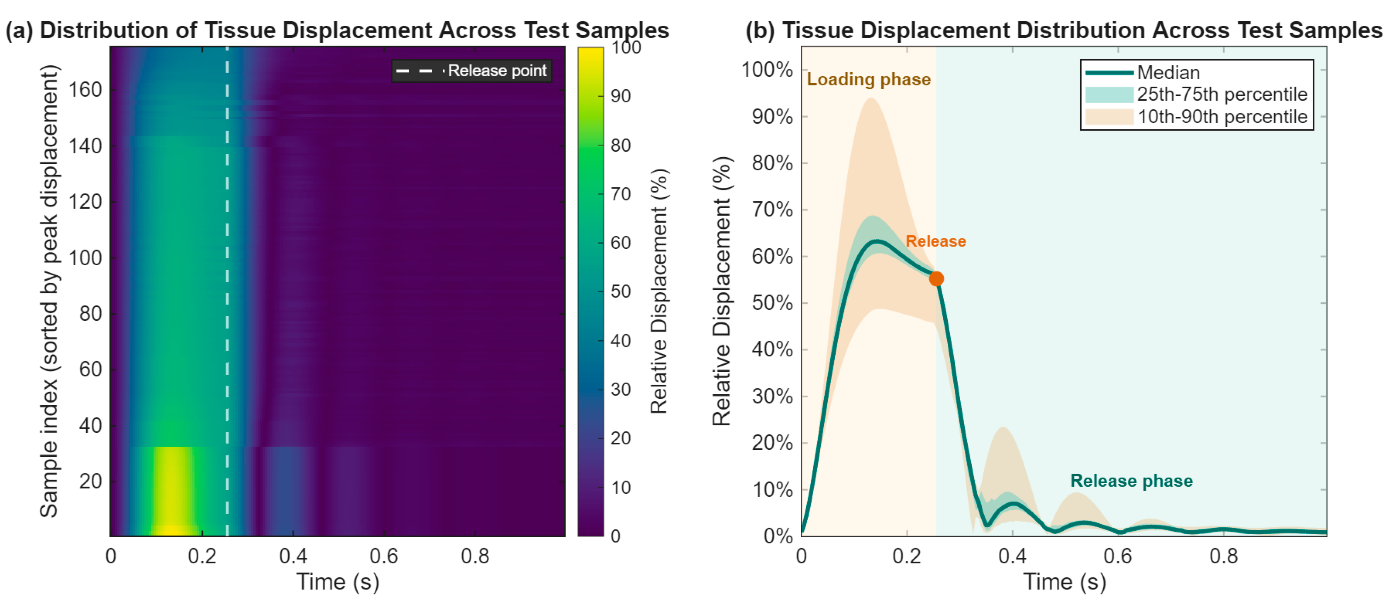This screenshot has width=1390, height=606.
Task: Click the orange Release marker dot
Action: point(936,278)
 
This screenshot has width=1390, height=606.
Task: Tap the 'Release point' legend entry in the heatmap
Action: point(471,70)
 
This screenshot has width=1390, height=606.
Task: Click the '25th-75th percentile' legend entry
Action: point(1196,95)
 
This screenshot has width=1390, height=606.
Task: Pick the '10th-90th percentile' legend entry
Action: point(1196,116)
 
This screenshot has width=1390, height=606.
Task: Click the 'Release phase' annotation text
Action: point(1132,480)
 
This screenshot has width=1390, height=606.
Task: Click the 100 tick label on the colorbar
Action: point(626,47)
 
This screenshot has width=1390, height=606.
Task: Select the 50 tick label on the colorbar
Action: point(621,292)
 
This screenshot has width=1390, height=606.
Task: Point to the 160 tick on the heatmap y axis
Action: point(85,90)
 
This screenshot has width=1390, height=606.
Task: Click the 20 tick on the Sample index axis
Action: point(90,481)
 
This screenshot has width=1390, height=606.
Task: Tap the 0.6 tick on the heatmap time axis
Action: point(384,556)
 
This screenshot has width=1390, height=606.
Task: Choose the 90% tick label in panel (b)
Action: point(772,116)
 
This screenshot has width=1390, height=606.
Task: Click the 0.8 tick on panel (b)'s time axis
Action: point(1223,556)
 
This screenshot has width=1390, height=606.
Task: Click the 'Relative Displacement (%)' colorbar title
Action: point(659,291)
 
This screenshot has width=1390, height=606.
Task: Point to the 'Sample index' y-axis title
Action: point(49,291)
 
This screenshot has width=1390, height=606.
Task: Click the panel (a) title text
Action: point(337,30)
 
